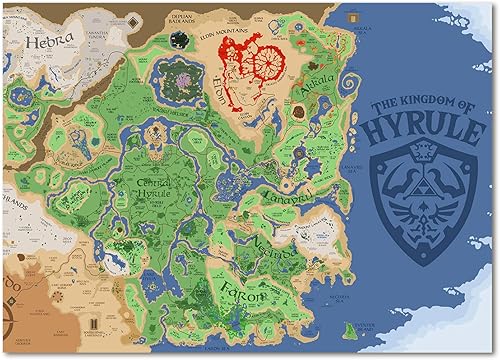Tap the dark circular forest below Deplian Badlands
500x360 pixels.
[178, 39]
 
